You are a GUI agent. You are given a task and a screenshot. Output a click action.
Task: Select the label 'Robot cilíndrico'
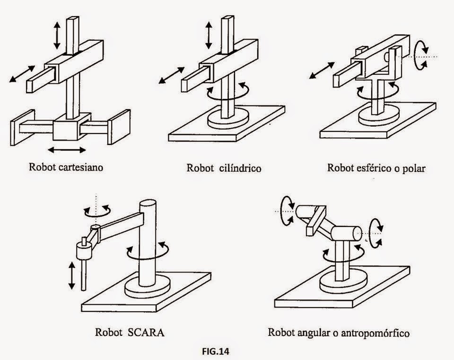pos(224,168)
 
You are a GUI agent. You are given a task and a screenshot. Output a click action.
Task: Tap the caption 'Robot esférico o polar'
pos(376,168)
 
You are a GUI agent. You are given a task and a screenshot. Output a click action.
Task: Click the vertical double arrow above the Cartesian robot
pos(57,35)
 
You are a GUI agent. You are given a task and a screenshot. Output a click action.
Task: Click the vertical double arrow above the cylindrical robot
pos(208,35)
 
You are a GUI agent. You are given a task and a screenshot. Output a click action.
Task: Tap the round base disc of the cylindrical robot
pos(228,119)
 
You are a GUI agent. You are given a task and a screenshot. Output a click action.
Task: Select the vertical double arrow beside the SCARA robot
pos(71,276)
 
